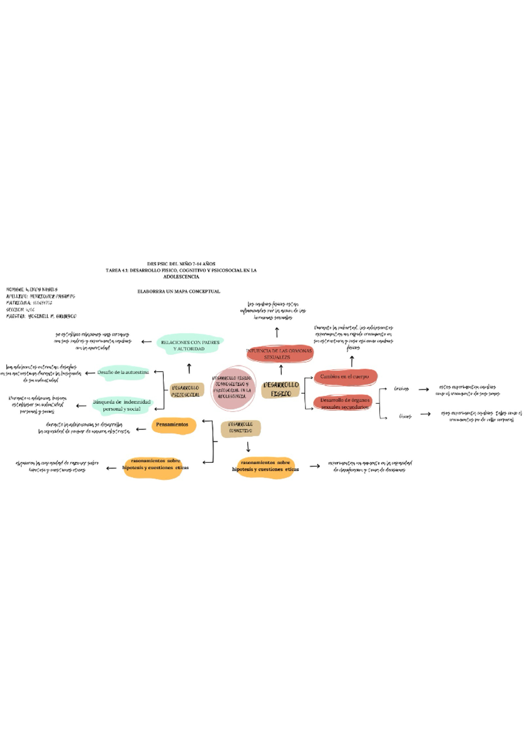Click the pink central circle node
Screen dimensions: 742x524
click(x=232, y=388)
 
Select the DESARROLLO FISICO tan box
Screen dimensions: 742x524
click(x=281, y=389)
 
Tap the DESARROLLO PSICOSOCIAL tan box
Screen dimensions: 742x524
click(x=186, y=391)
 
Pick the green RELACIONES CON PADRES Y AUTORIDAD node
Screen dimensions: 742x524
click(x=190, y=345)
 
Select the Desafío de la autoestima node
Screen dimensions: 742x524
click(x=123, y=372)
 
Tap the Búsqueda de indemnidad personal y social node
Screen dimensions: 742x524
click(x=121, y=406)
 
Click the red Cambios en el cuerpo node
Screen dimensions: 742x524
click(x=345, y=377)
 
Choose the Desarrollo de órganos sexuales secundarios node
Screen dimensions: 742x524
click(x=345, y=403)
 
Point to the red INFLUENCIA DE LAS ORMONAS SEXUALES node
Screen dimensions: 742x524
click(x=279, y=354)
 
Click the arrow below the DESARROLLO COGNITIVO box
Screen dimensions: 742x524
click(x=248, y=447)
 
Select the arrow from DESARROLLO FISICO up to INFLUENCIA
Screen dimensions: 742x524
click(x=281, y=370)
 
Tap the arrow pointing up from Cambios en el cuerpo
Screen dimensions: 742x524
click(x=352, y=361)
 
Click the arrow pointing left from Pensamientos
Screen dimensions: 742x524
click(x=141, y=429)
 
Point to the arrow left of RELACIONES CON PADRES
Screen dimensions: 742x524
click(x=147, y=342)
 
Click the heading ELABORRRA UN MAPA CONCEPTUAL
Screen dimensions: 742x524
click(x=179, y=291)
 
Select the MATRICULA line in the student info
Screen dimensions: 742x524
click(x=29, y=303)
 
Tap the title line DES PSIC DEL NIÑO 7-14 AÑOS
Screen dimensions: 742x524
click(x=181, y=264)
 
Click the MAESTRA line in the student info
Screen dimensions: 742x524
click(x=41, y=316)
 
